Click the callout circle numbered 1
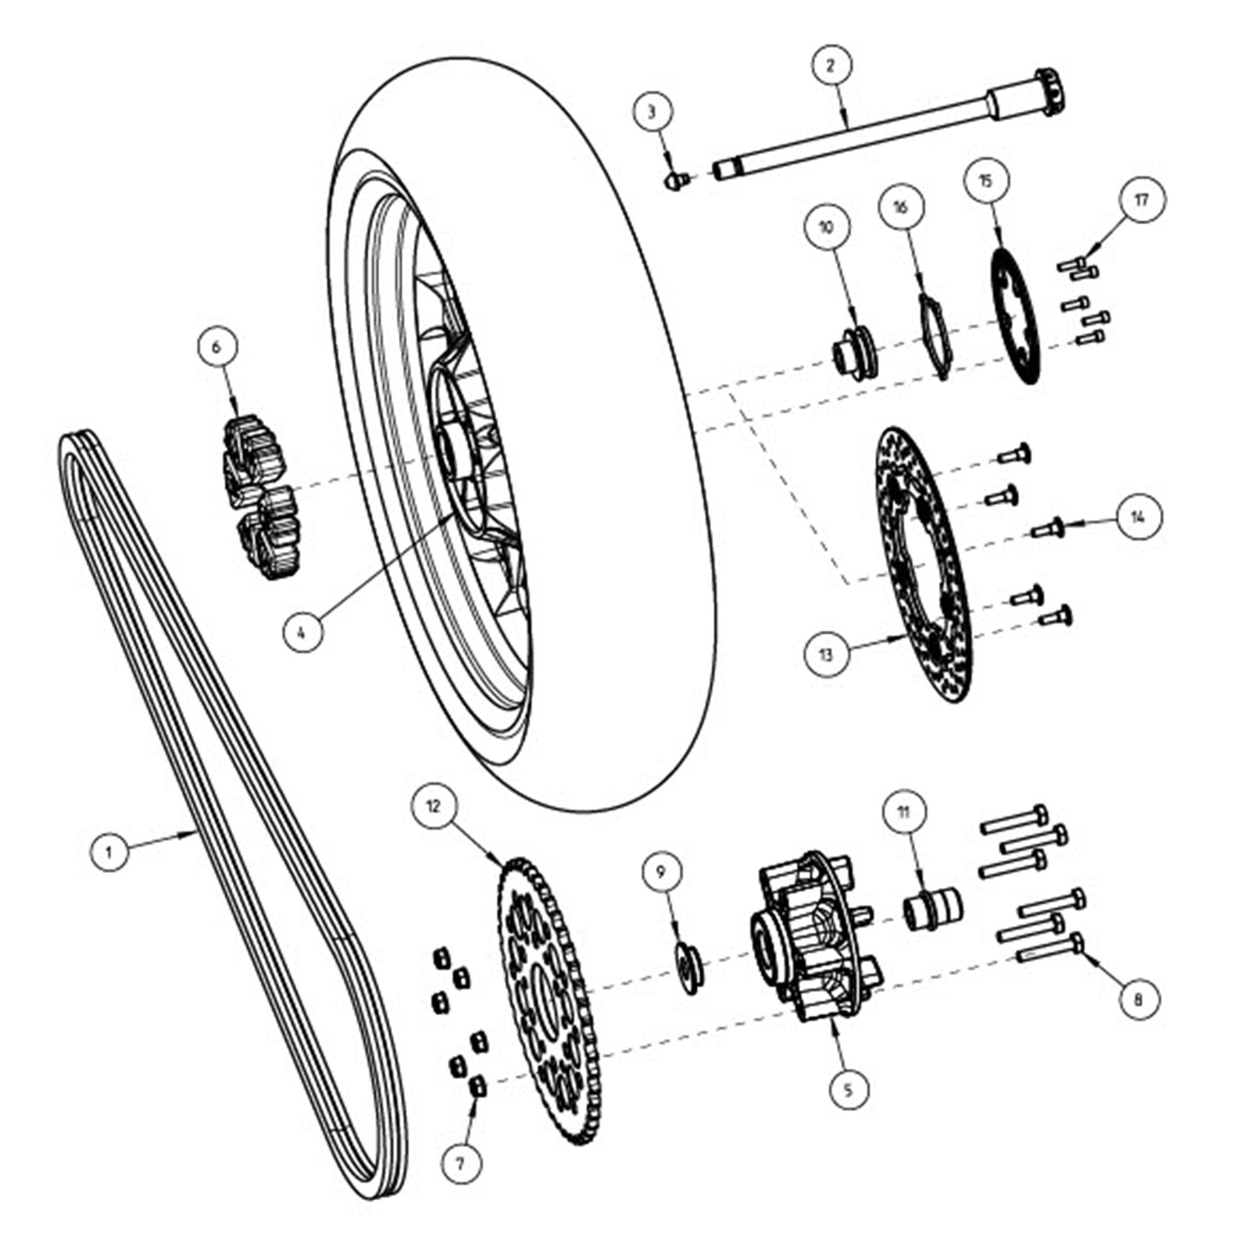tap(110, 851)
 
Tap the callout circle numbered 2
tap(830, 65)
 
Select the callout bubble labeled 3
tap(652, 113)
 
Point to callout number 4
tap(301, 632)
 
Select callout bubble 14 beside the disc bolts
tap(1138, 517)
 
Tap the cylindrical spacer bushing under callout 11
tap(932, 911)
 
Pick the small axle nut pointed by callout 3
tap(675, 180)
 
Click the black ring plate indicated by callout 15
tap(1017, 315)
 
